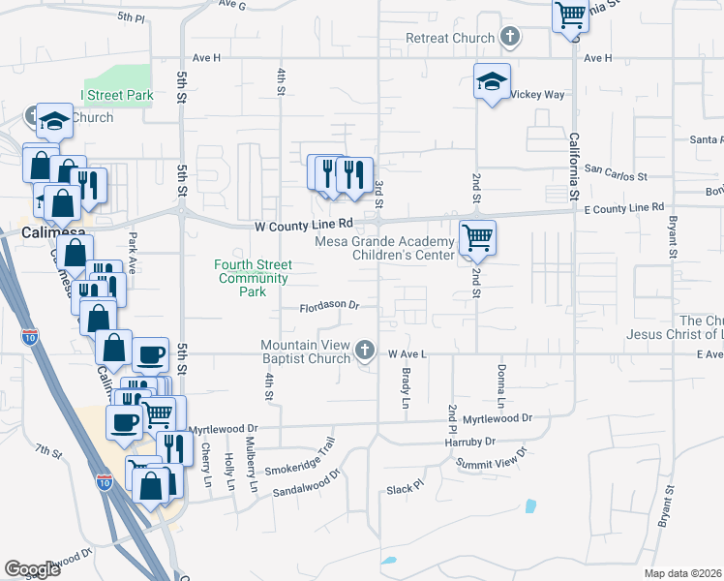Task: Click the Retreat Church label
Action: coord(450,39)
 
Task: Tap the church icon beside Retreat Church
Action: coord(511,38)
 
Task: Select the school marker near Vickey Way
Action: coord(492,83)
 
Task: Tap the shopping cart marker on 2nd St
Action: coord(476,236)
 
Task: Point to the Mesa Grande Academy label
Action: coord(384,242)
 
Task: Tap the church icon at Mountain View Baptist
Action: coord(365,350)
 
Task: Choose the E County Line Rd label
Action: coord(623,207)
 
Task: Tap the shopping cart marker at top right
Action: coord(571,15)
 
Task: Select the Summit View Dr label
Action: coord(493,459)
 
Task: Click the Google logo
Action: coord(32,569)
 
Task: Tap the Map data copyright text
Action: coord(682,573)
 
